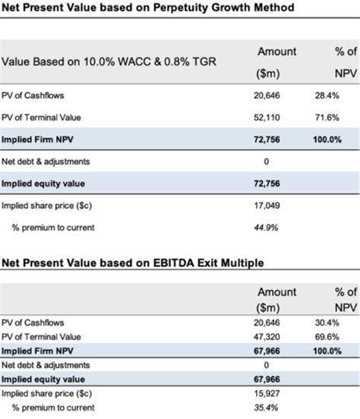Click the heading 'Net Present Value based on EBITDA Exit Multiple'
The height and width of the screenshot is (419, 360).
(x=133, y=263)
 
